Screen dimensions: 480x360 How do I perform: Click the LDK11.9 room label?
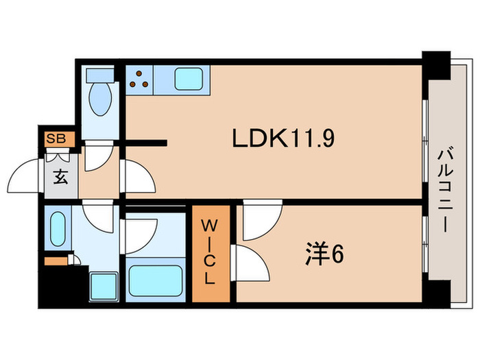coord(283,138)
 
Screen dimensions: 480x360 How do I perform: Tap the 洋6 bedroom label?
coord(324,254)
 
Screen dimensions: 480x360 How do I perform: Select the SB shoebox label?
coord(56,139)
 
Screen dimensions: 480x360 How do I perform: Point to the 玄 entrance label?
coord(60,177)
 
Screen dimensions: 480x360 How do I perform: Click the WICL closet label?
coord(211,252)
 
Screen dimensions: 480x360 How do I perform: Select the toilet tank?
coord(100,75)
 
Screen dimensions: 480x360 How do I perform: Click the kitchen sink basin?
coord(189,79)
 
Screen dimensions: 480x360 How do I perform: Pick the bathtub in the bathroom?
coord(156,280)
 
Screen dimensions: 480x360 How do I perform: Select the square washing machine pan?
coord(104,287)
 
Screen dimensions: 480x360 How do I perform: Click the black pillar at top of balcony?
coord(436,65)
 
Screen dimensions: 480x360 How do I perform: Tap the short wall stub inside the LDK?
coord(146,143)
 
